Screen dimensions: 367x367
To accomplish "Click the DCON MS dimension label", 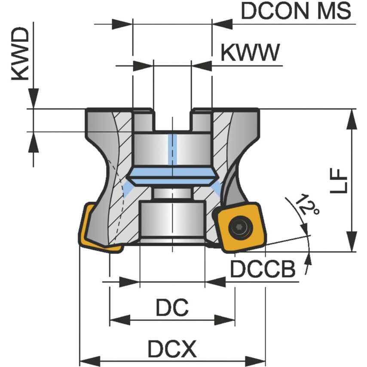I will pos(296,11).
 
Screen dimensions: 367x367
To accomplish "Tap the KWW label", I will pos(250,53).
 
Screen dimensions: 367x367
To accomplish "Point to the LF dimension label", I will pos(339,180).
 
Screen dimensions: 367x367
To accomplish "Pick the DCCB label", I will pos(263,269).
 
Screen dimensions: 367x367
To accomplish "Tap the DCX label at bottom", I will pos(172,349).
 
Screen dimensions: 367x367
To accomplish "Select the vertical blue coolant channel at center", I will pos(172,150).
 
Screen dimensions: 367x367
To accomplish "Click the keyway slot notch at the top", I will pos(172,120).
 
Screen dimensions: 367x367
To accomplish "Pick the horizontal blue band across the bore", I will pos(172,176).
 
